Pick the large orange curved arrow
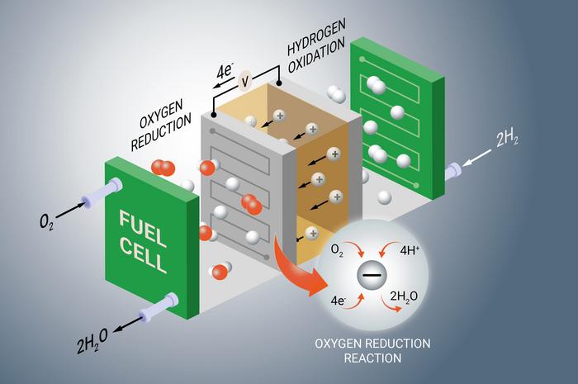tap(296, 267)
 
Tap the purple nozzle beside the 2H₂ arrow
tap(453, 172)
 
